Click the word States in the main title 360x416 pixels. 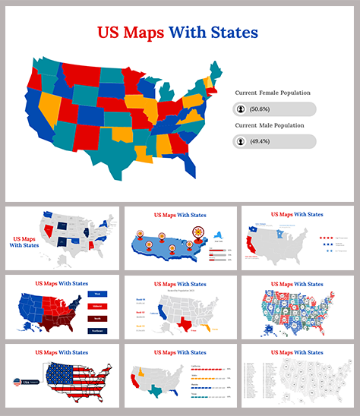click(233, 33)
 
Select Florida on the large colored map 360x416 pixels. click(189, 162)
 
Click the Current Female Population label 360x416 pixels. click(272, 93)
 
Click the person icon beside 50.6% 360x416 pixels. click(241, 109)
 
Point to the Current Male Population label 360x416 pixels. click(269, 125)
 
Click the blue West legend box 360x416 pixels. click(97, 292)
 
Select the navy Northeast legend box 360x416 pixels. click(97, 330)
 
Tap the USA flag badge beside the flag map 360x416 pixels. click(19, 382)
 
